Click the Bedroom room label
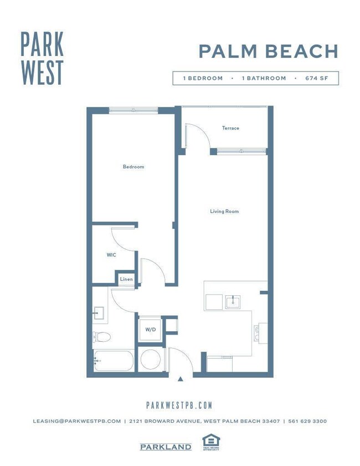133,167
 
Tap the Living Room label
224,211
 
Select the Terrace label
230,128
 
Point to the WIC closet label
111,255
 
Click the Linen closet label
126,279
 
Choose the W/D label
150,330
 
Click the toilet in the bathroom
102,336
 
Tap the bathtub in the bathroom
114,361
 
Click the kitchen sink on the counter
233,302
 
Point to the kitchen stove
258,332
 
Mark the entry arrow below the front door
180,380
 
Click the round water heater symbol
150,360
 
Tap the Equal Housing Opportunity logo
211,442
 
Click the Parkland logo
166,447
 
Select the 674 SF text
316,78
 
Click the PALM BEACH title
268,52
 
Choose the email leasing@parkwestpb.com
76,421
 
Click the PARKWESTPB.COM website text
179,406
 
